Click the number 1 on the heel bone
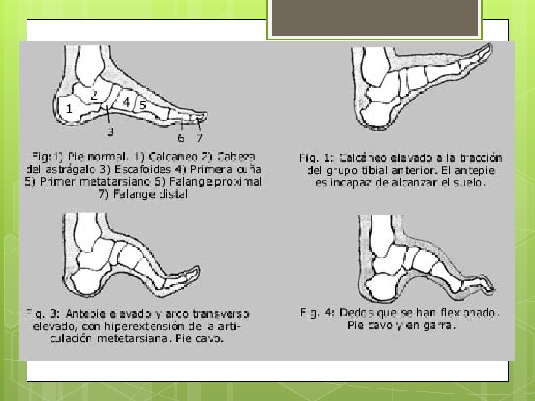click(x=69, y=108)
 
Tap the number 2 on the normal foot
click(x=94, y=95)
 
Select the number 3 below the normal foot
click(x=111, y=131)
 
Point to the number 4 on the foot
click(x=126, y=102)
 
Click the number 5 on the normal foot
click(x=143, y=105)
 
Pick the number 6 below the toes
click(x=181, y=138)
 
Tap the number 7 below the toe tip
click(x=200, y=137)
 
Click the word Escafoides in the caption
click(x=142, y=169)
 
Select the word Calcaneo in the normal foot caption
click(x=173, y=157)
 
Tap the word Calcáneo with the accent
click(x=362, y=158)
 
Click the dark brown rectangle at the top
click(x=374, y=17)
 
